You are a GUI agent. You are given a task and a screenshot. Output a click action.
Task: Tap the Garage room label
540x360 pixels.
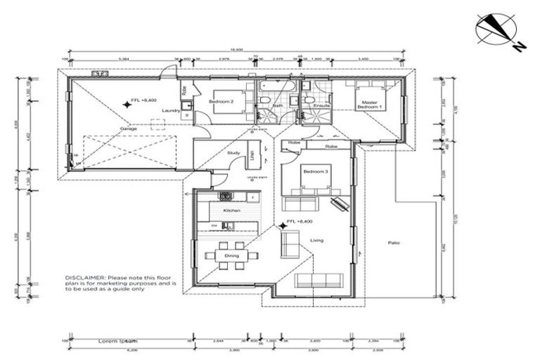click(x=128, y=129)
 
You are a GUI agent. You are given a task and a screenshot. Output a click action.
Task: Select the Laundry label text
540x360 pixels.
click(x=168, y=111)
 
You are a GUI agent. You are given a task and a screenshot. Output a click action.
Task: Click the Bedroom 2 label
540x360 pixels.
click(x=221, y=102)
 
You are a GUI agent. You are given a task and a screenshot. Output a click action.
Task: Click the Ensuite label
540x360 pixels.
click(x=312, y=105)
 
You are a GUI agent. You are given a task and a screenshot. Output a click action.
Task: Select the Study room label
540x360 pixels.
click(x=233, y=152)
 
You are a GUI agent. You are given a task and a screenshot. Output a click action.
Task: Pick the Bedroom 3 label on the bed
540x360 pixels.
click(x=316, y=172)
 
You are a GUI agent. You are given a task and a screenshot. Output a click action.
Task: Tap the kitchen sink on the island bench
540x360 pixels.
click(x=228, y=225)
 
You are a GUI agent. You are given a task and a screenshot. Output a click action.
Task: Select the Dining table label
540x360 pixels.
click(x=231, y=255)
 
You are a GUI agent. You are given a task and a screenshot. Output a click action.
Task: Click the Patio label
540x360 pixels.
click(x=394, y=243)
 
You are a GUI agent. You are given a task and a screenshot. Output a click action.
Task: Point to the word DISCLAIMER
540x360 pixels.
click(x=84, y=277)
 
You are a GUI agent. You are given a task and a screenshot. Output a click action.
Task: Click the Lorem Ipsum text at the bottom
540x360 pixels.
click(x=117, y=340)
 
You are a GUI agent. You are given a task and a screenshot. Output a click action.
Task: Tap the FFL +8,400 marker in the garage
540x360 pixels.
click(x=142, y=101)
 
